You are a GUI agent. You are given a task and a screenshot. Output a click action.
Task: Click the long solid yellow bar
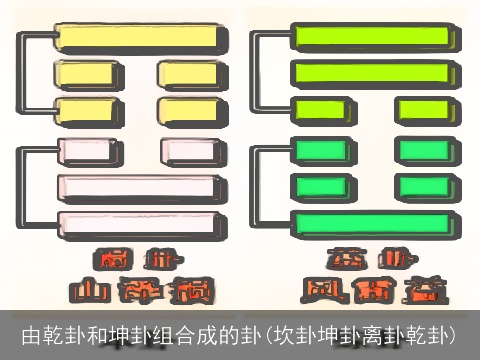(x=137, y=37)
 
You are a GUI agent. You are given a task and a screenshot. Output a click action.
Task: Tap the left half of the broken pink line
(x=91, y=151)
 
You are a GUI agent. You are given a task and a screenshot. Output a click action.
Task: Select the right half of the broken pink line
(x=190, y=151)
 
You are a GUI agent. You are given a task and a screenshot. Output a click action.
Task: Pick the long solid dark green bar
(x=375, y=223)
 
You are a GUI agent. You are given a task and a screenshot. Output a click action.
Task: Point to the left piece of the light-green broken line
(x=321, y=108)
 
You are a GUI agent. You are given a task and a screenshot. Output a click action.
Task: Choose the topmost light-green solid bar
(x=375, y=39)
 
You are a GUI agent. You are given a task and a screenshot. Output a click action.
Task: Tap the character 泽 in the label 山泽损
(x=139, y=290)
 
